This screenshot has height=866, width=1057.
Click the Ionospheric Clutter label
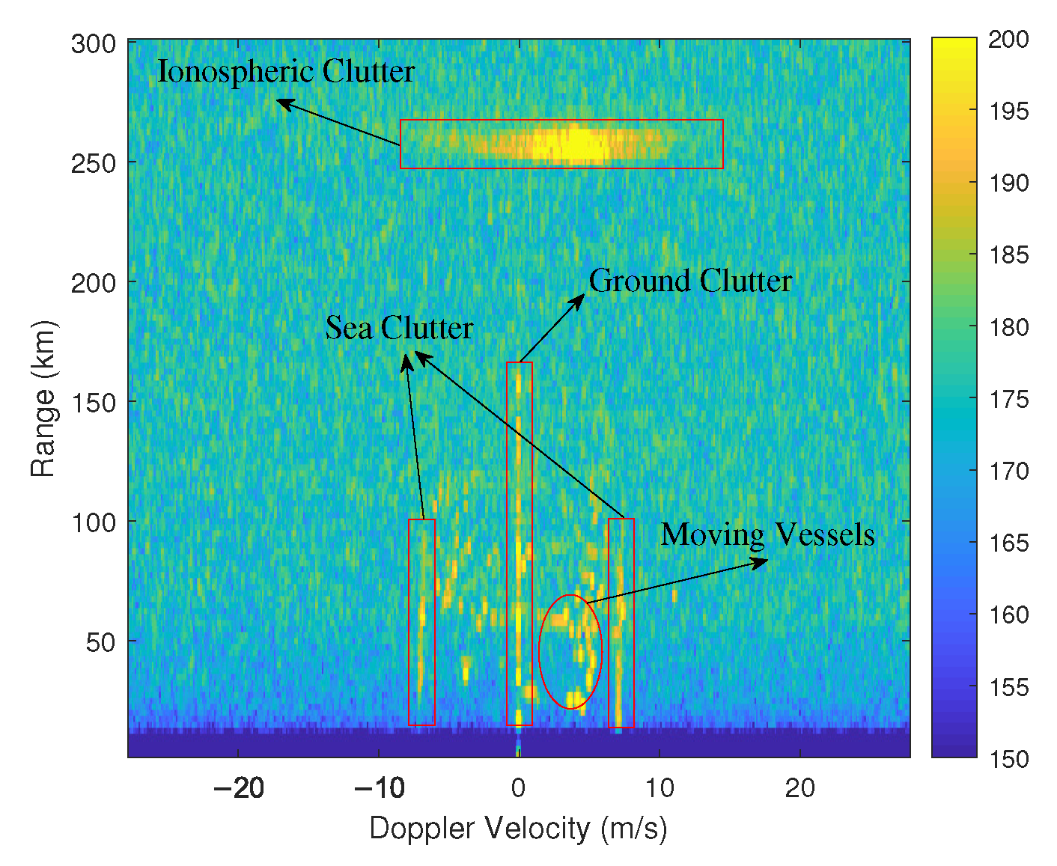(285, 72)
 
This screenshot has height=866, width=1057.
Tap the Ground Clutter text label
(689, 281)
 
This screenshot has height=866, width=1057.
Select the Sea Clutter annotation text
(399, 328)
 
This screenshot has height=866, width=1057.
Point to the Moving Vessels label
(767, 534)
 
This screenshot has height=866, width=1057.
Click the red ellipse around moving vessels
(570, 651)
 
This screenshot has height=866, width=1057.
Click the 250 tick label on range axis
(94, 163)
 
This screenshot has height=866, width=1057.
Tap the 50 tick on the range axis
(100, 642)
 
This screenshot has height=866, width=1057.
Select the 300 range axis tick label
(94, 43)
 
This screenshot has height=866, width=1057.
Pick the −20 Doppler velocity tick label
(238, 788)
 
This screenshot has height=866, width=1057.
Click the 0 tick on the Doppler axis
(518, 788)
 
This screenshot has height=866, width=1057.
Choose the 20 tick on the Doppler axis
(799, 788)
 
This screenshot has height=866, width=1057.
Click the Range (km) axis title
(43, 398)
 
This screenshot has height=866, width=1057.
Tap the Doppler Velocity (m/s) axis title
(518, 829)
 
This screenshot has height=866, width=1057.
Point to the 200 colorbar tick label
(1008, 39)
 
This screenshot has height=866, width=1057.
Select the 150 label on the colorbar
(1008, 759)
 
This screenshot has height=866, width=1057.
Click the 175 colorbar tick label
(1008, 399)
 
